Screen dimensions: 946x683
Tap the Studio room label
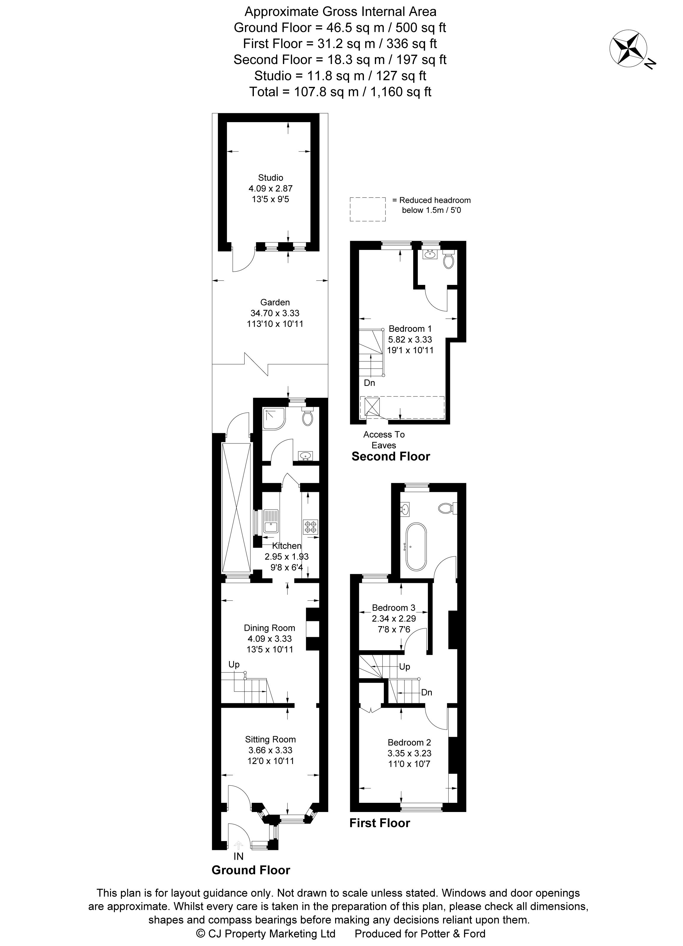270,177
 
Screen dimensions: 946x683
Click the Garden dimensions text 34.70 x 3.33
275,313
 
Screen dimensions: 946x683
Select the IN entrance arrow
238,845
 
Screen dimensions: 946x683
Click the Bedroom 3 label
394,608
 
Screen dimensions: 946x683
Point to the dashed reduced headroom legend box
367,209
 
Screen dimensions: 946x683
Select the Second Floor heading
391,456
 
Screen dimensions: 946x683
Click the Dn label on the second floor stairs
369,382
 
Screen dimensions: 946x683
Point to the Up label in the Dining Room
234,664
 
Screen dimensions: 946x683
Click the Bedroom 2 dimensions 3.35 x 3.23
409,753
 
